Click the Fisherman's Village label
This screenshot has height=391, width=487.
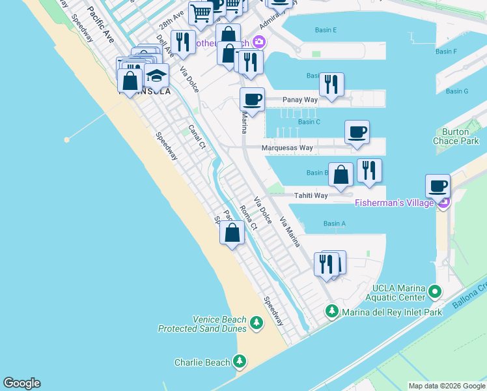point(395,203)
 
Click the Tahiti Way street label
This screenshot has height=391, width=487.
point(311,195)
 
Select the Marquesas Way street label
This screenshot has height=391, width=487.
point(287,148)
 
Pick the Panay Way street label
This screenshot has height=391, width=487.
point(300,100)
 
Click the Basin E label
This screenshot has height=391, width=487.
point(326,31)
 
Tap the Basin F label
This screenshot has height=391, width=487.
point(446,51)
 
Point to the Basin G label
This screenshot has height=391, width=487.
point(457,91)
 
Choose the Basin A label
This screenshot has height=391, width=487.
point(334,224)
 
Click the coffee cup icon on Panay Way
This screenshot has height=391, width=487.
point(252,100)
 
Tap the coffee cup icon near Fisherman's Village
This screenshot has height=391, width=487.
point(438,186)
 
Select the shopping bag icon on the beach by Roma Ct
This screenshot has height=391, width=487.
point(232,233)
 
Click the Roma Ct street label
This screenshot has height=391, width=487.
point(249,217)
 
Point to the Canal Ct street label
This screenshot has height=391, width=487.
point(197,136)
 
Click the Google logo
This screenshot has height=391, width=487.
point(21,383)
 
